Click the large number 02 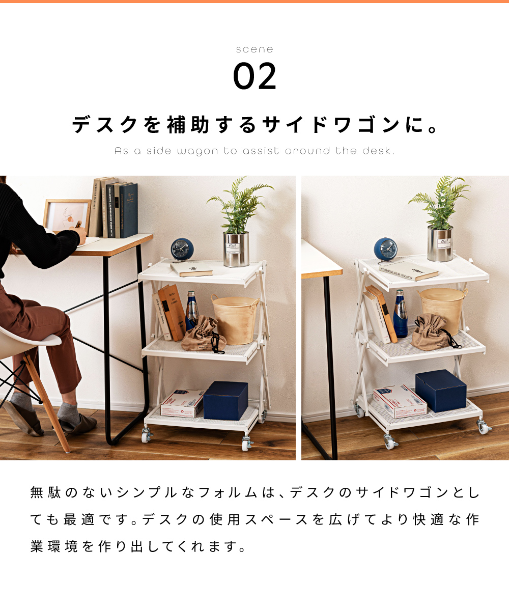tap(254, 76)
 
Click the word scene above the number tap(254, 49)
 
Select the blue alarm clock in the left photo tap(182, 250)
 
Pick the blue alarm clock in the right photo tap(385, 250)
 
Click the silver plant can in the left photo tap(236, 249)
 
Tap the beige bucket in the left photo tap(235, 318)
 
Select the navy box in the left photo tap(225, 400)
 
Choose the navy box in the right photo tap(440, 391)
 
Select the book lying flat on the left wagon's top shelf tap(191, 269)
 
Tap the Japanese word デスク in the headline tap(105, 125)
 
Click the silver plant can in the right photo tap(440, 244)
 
